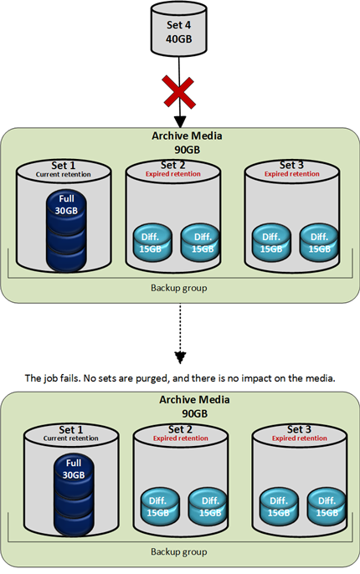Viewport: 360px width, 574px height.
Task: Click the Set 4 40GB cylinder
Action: pyautogui.click(x=178, y=29)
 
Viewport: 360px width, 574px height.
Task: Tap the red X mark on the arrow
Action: pyautogui.click(x=178, y=91)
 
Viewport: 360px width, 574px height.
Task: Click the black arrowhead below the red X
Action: pyautogui.click(x=180, y=122)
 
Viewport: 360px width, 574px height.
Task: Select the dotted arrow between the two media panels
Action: pyautogui.click(x=180, y=333)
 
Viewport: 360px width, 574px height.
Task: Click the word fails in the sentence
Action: pyautogui.click(x=70, y=378)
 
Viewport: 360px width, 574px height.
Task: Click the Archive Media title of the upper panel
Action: pyautogui.click(x=187, y=136)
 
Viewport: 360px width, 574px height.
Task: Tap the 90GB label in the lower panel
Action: pyautogui.click(x=195, y=413)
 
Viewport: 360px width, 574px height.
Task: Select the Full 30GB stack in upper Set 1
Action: pyautogui.click(x=66, y=231)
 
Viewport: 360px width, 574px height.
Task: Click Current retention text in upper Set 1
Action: pyautogui.click(x=64, y=175)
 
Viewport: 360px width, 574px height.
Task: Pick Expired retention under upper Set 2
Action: pyautogui.click(x=173, y=174)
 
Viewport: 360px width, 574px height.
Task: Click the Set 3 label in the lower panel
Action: pyautogui.click(x=299, y=429)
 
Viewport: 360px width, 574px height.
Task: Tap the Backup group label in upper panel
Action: pyautogui.click(x=178, y=288)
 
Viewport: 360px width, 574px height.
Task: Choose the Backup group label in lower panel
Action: pyautogui.click(x=178, y=551)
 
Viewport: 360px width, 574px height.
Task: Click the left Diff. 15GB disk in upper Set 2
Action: pyautogui.click(x=152, y=242)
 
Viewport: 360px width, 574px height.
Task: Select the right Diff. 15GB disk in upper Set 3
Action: pyautogui.click(x=319, y=242)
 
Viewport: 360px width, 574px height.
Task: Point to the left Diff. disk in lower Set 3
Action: pyautogui.click(x=279, y=506)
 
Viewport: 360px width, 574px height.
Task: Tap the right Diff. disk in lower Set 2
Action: pyautogui.click(x=208, y=506)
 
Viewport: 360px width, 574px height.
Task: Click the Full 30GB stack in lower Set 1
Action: pyautogui.click(x=74, y=495)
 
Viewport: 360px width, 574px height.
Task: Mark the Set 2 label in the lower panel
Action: pyautogui.click(x=181, y=429)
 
